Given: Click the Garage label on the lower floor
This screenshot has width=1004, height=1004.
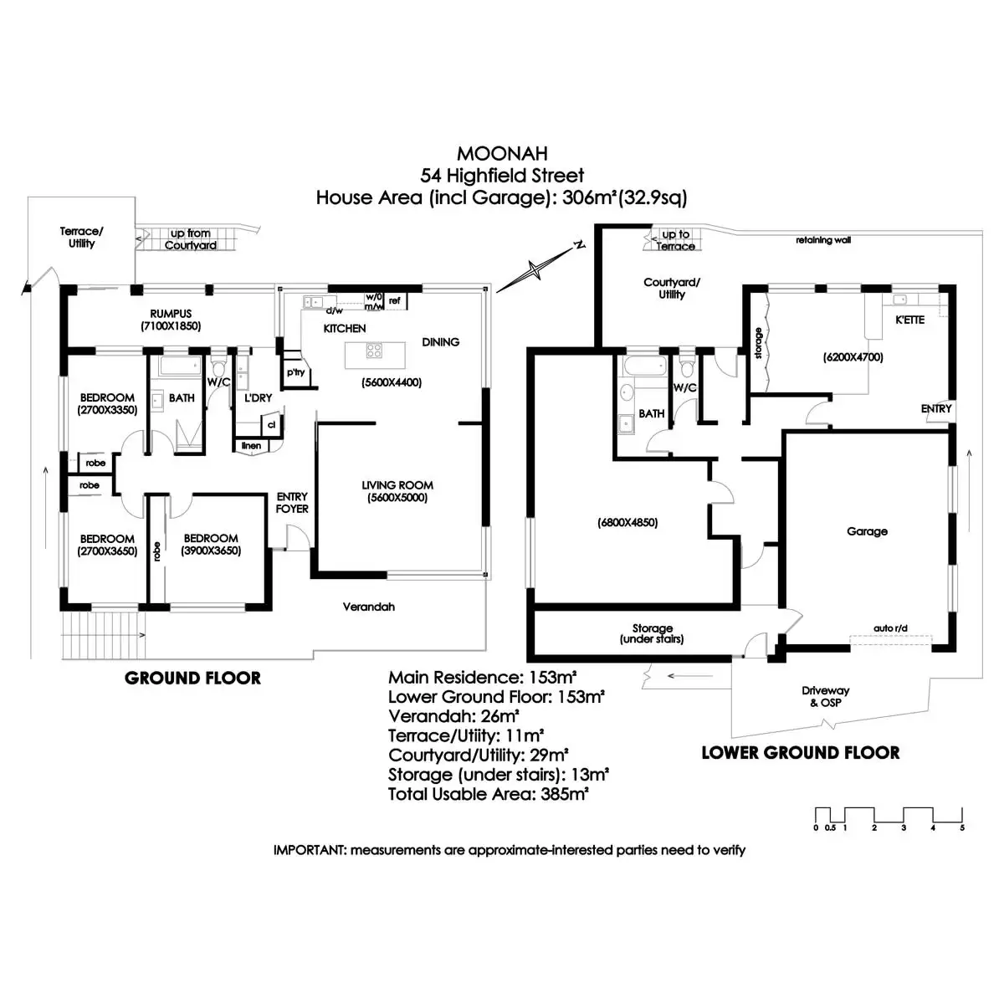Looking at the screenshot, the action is click(x=867, y=531).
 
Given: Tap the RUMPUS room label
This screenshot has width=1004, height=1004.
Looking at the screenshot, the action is click(x=171, y=314).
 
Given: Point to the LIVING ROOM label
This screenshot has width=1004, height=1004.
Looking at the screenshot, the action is click(x=397, y=485).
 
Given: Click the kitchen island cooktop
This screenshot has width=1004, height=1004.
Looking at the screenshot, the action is click(x=374, y=351).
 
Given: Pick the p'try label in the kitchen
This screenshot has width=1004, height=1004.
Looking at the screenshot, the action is click(x=295, y=372).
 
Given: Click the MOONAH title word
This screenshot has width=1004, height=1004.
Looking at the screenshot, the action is click(x=502, y=154).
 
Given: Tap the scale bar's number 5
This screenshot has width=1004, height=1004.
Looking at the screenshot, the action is click(x=962, y=827).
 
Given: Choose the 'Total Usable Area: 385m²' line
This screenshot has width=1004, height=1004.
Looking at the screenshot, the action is click(x=489, y=794).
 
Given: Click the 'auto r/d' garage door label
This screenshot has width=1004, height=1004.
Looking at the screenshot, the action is click(x=891, y=627).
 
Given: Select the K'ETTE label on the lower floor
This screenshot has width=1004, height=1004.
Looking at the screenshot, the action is click(x=909, y=320).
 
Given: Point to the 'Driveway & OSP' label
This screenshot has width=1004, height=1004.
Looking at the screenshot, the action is click(x=825, y=696).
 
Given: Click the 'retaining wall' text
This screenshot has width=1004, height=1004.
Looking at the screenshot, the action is click(x=824, y=240).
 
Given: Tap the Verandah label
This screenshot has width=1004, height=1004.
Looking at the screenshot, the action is click(x=369, y=607).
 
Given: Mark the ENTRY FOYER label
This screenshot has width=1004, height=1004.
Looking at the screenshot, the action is click(x=292, y=502).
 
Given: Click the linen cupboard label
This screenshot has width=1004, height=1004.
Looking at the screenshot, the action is click(x=251, y=446).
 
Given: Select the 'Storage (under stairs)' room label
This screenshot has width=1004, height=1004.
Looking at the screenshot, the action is click(x=652, y=633).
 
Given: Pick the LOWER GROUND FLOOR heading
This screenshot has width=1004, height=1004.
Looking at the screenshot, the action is click(x=800, y=753).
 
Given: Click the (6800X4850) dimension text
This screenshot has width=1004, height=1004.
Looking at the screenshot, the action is click(x=627, y=523).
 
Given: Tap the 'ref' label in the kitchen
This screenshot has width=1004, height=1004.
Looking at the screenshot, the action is click(x=394, y=300).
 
